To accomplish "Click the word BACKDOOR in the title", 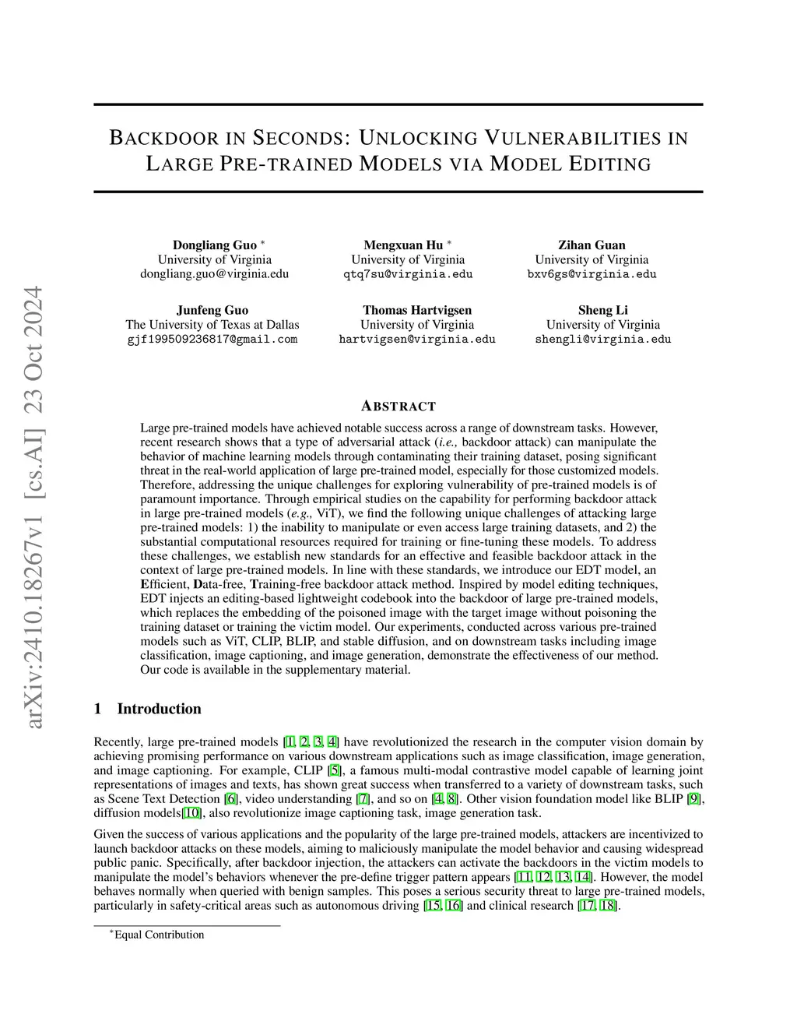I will pos(162,139).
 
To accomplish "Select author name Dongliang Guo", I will pos(214,245).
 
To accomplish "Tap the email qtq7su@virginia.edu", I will pos(408,274).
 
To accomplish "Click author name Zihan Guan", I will pos(592,245).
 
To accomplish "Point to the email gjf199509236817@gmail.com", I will pos(212,340).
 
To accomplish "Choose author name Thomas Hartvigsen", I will pos(417,310).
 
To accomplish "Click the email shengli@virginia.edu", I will pos(602,340).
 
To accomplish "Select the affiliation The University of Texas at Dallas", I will pos(212,325).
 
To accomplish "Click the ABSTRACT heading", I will pos(398,407).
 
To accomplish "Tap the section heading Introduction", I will pos(159,709).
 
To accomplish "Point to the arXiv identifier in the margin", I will pos(34,506).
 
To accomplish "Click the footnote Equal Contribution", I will pos(159,935).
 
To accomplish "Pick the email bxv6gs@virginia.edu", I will pos(592,274).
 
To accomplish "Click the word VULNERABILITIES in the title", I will pos(574,139).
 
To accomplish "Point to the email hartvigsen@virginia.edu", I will pos(417,340).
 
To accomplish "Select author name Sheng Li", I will pos(602,310).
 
